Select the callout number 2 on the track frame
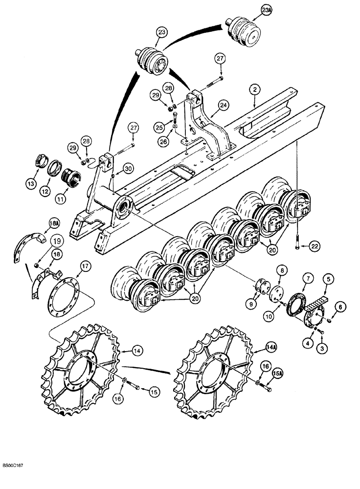(255, 89)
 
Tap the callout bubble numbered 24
(223, 104)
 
